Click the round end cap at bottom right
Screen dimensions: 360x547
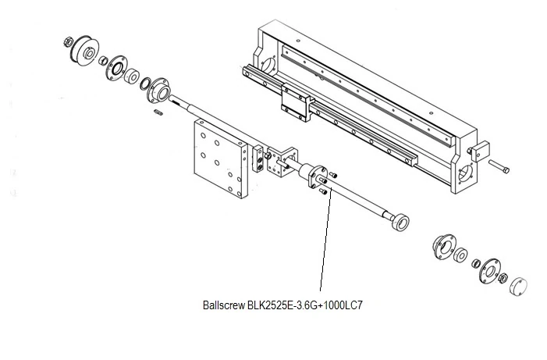(x=517, y=284)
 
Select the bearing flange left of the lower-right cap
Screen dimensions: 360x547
(x=488, y=268)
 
